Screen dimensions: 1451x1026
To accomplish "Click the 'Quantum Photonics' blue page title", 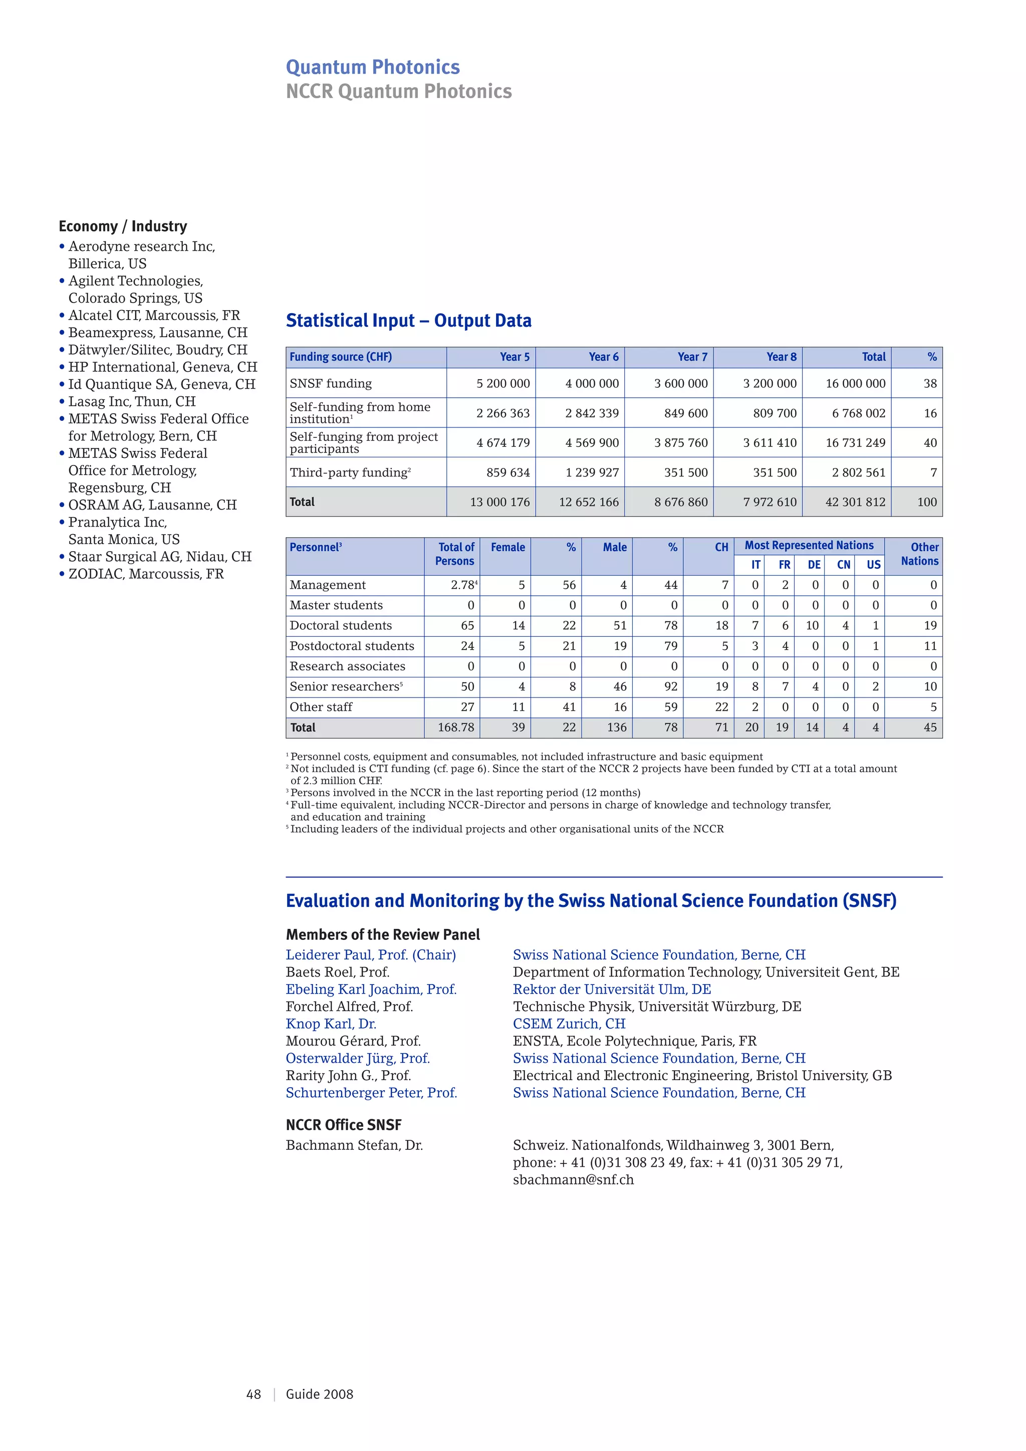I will click(x=373, y=67).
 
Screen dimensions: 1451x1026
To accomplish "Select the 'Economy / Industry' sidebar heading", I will click(x=123, y=226).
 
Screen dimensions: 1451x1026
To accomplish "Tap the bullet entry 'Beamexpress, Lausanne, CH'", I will click(x=157, y=332).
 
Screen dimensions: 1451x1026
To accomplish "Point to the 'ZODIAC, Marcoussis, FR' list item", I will click(x=146, y=574).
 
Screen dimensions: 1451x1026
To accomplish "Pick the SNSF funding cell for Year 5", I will click(x=503, y=384).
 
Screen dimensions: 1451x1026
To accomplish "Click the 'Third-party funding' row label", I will click(x=349, y=472).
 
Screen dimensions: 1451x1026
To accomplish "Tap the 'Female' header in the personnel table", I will click(x=507, y=547).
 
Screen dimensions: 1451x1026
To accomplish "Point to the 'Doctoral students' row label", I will click(x=341, y=626).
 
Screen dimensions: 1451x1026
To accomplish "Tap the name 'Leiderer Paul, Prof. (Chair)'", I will click(x=370, y=955).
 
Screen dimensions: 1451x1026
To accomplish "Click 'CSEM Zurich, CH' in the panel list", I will click(x=569, y=1024).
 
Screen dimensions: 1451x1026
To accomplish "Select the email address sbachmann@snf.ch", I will click(x=573, y=1180).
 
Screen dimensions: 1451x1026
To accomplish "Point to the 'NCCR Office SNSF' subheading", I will click(x=343, y=1125).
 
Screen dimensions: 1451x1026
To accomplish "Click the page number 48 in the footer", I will click(x=253, y=1394).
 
